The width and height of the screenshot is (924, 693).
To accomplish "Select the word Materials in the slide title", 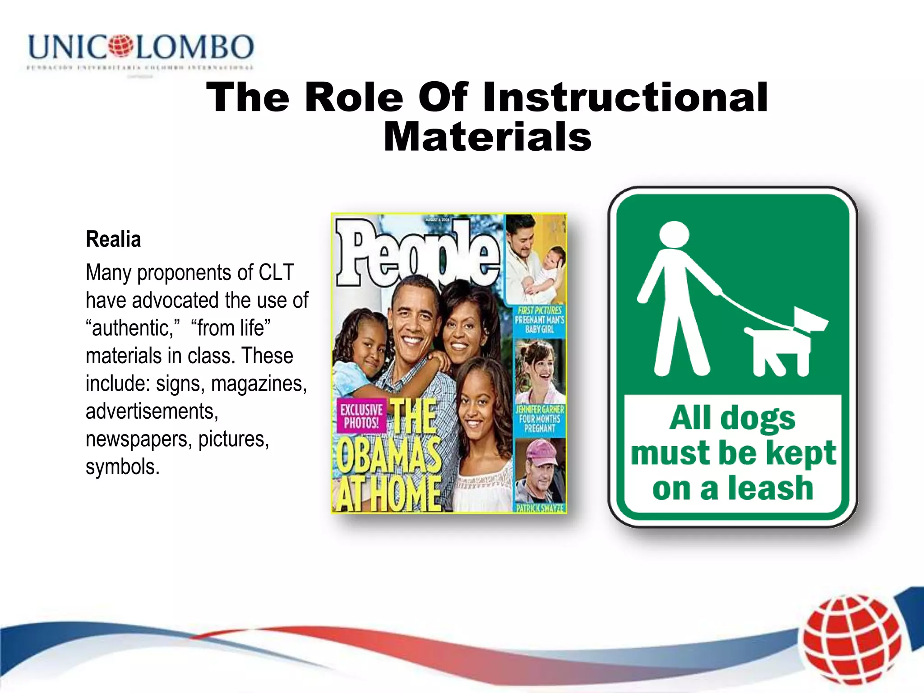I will pos(487,137).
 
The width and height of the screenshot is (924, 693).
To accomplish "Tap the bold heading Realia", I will pos(113,239).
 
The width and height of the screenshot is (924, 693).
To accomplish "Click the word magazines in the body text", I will pos(259,383).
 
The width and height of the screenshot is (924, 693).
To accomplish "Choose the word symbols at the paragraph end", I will pos(122,467).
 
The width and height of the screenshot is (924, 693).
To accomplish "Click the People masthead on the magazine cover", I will pos(417,253).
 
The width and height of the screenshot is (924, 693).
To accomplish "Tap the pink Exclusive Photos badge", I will pos(361,416).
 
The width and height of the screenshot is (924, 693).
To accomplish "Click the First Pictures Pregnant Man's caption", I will pos(540,320).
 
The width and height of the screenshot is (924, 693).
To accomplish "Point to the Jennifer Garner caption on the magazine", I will pos(540,419).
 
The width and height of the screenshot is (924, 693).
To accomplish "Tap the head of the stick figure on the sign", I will pos(674,235).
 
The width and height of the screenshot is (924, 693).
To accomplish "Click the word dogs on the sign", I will pos(758,419).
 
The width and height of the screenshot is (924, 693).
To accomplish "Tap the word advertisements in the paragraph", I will pos(152,411).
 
